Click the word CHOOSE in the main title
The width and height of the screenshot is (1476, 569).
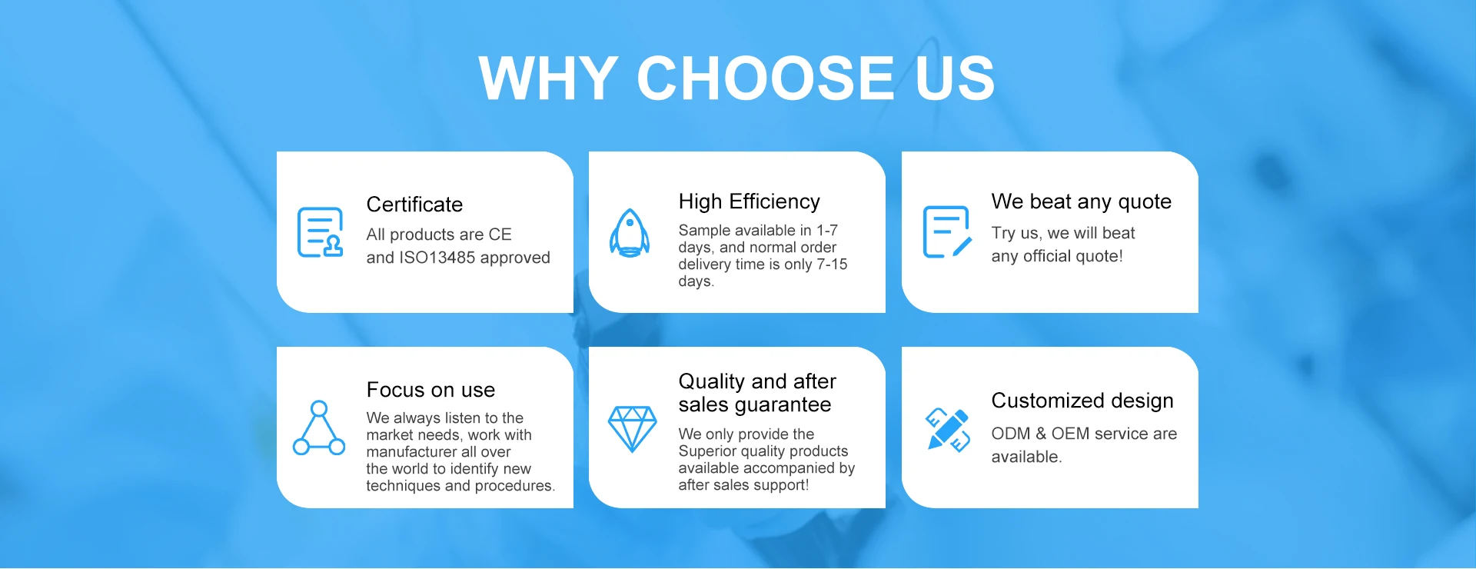pyautogui.click(x=765, y=78)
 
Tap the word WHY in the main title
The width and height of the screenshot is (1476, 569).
pyautogui.click(x=548, y=78)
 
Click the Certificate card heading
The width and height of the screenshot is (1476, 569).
pyautogui.click(x=414, y=205)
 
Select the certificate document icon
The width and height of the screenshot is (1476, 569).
pyautogui.click(x=320, y=232)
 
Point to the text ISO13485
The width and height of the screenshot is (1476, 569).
pyautogui.click(x=437, y=258)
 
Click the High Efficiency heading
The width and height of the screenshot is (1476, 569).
pyautogui.click(x=750, y=201)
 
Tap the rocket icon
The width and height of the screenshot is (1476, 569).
pyautogui.click(x=630, y=232)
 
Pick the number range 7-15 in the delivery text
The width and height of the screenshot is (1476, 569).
pyautogui.click(x=832, y=265)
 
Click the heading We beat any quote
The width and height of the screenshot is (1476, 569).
pyautogui.click(x=1082, y=202)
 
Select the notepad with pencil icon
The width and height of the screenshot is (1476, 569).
pyautogui.click(x=947, y=231)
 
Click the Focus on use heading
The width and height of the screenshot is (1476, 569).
pyautogui.click(x=430, y=390)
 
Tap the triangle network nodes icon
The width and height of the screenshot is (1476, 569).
pyautogui.click(x=319, y=428)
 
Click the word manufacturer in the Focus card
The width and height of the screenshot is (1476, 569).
pyautogui.click(x=411, y=452)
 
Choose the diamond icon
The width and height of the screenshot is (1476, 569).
pyautogui.click(x=632, y=429)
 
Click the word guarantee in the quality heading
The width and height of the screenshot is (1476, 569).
pyautogui.click(x=783, y=405)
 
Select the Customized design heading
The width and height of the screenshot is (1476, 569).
pyautogui.click(x=1082, y=401)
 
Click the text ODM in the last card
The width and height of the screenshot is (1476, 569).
pyautogui.click(x=1011, y=434)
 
